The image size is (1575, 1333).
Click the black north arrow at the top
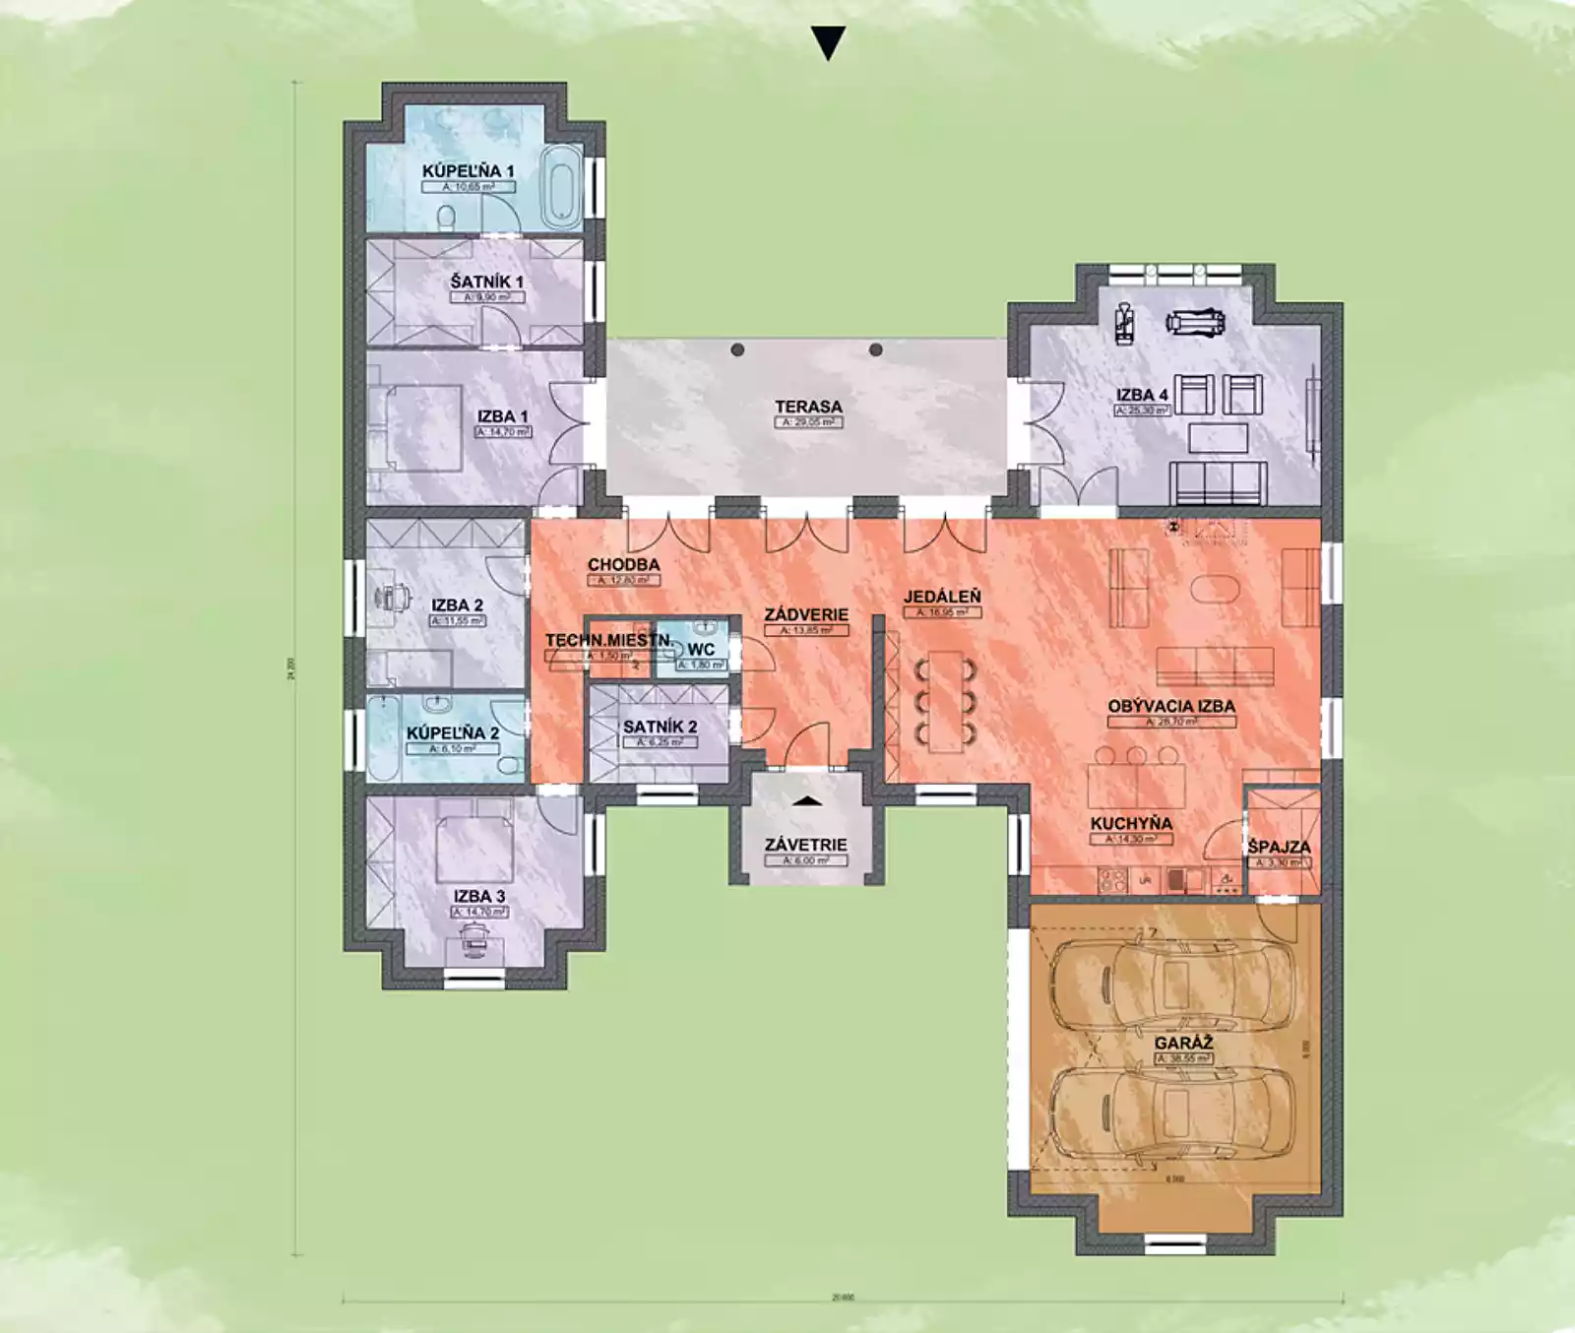coord(828,43)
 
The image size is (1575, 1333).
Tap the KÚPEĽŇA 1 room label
coord(468,170)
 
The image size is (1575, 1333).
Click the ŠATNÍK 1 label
coord(486,282)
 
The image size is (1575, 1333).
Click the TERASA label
coord(808,407)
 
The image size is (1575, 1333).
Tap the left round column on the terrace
coord(737,349)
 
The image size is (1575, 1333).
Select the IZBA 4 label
coord(1142,395)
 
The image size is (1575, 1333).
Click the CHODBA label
coord(623,565)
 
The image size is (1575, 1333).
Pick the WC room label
coord(701,650)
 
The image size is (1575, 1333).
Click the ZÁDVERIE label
coord(806,614)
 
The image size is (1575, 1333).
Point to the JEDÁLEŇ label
coord(942,597)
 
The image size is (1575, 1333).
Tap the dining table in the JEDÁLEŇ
coord(945,700)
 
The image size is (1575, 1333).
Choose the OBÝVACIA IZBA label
coord(1170,706)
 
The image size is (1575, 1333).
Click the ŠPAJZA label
coord(1279,847)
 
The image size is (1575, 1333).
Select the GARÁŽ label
coord(1183,1043)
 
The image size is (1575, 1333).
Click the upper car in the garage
coord(1170,982)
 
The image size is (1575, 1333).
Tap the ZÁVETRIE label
coord(805,845)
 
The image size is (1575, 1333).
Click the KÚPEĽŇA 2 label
coord(452,733)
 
